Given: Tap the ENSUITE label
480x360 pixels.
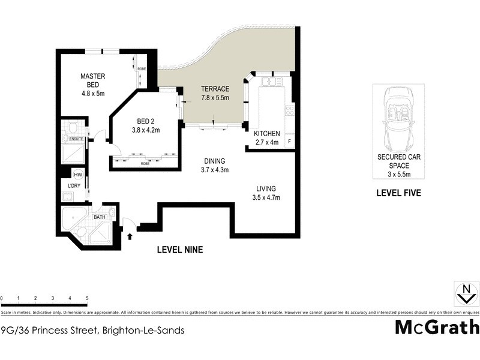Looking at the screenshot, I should point(76,139).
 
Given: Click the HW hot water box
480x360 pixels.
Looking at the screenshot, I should point(78,174).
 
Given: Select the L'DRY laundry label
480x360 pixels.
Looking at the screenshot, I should point(74,187).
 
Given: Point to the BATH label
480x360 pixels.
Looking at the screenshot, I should point(100,218).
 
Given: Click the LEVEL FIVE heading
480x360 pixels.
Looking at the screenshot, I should point(398,193).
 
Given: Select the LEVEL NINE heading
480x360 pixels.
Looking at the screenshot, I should point(179,250).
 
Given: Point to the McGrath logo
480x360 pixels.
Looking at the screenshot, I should point(437,327).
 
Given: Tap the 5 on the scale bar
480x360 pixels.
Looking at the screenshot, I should point(87,298).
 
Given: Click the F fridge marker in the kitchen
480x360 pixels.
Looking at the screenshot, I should point(290,142).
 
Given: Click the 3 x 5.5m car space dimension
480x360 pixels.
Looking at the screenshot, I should point(398,175).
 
